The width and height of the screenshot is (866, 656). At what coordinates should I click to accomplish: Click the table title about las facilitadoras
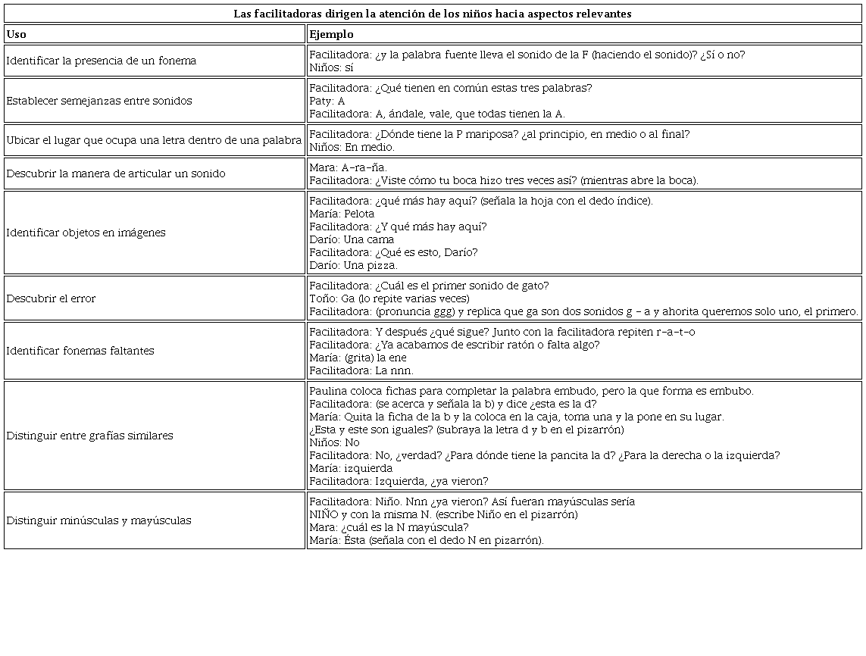click(x=432, y=14)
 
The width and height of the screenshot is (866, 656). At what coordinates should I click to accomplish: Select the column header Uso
click(x=16, y=34)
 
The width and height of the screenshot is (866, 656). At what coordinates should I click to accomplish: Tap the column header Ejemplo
click(x=331, y=34)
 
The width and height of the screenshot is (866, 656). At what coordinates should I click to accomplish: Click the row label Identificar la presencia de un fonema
click(x=101, y=61)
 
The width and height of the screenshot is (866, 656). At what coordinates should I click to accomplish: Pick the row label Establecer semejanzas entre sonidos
click(x=99, y=101)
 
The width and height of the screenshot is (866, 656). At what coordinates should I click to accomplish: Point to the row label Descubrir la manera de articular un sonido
click(x=116, y=173)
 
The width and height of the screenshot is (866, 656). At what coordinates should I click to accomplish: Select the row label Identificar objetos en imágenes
click(x=86, y=233)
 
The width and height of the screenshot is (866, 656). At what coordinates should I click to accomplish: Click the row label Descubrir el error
click(x=51, y=298)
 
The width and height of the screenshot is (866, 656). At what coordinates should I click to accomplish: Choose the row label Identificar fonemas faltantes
click(x=80, y=351)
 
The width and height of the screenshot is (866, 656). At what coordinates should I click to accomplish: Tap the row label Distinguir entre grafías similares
click(x=89, y=436)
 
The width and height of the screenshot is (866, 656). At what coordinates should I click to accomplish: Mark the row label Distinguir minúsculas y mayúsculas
click(x=98, y=520)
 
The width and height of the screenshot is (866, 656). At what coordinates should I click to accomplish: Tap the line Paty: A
click(x=327, y=101)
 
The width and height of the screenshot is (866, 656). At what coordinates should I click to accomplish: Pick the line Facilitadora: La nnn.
click(x=361, y=370)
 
